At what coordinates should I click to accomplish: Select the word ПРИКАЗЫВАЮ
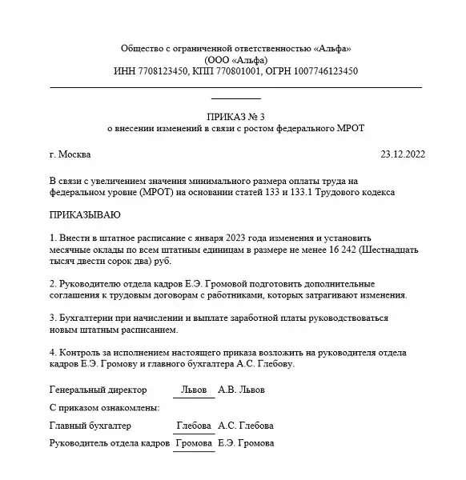click(85, 215)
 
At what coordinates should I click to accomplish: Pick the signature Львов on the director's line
click(193, 390)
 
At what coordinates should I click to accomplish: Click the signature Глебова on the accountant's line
click(195, 426)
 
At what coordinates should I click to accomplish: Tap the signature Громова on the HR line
click(194, 443)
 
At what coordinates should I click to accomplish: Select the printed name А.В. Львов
click(241, 390)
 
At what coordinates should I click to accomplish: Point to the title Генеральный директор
click(98, 390)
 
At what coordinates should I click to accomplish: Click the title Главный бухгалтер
click(90, 426)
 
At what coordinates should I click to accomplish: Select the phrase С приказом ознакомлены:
click(104, 408)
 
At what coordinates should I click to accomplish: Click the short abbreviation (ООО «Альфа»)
click(233, 60)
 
